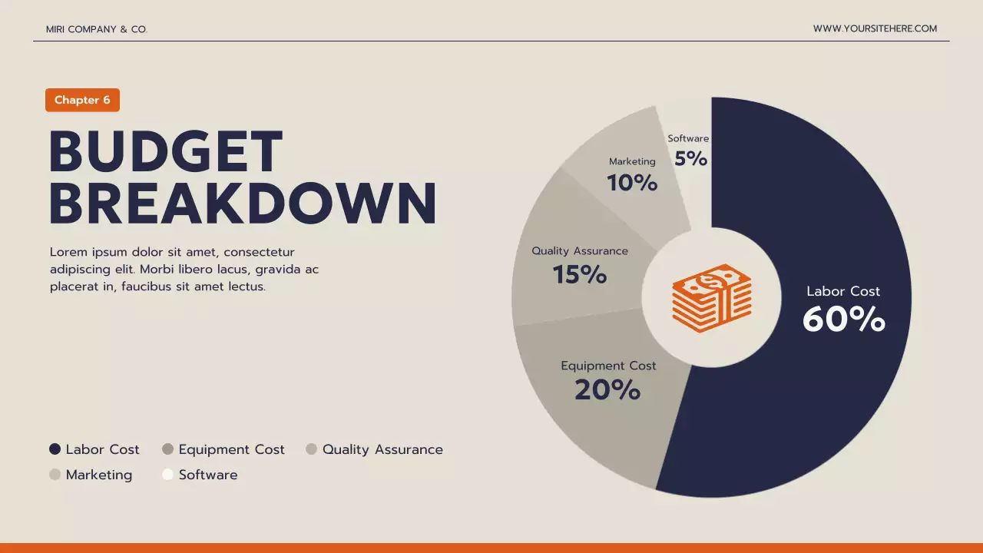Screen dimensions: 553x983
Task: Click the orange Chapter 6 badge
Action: (82, 100)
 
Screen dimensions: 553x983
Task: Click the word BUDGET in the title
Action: (166, 152)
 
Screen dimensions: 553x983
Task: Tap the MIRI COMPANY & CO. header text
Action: (97, 29)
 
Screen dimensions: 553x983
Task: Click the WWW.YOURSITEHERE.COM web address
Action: (875, 28)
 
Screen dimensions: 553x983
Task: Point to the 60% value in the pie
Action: (843, 320)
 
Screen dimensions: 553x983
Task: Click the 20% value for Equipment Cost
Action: (607, 390)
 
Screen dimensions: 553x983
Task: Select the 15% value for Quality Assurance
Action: (580, 274)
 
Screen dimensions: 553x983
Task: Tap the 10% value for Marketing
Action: (632, 183)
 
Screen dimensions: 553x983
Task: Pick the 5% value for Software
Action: (690, 158)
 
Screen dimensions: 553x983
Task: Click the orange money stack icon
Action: (712, 298)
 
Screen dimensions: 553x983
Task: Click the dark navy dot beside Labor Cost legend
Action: (55, 449)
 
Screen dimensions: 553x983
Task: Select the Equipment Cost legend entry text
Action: (231, 449)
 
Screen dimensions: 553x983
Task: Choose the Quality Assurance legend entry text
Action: (382, 449)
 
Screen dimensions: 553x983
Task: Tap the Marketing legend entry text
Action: (99, 475)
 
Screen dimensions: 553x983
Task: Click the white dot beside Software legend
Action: (167, 475)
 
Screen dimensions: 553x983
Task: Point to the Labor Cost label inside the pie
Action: (843, 291)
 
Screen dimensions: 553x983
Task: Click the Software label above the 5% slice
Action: (688, 138)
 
